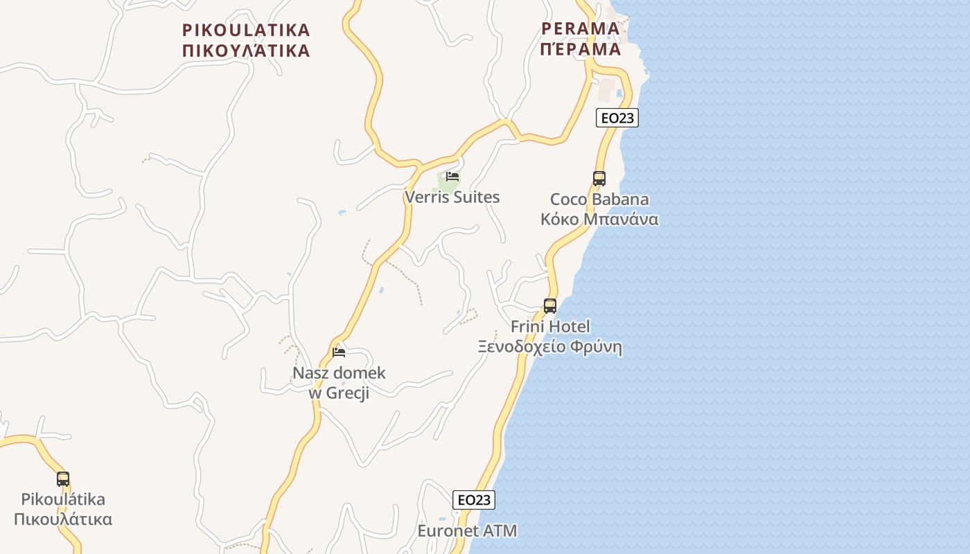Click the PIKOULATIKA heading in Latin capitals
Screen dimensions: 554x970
[246, 30]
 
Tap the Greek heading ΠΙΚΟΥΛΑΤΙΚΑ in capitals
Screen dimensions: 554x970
[246, 51]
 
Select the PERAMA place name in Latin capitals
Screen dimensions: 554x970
[581, 28]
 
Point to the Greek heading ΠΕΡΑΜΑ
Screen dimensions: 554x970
[581, 49]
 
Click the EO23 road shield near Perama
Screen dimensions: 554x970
[617, 118]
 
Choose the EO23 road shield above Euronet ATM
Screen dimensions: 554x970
[474, 500]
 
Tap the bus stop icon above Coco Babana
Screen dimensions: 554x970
[599, 178]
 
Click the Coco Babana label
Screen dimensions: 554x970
[599, 199]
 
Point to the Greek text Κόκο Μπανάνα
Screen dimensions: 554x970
[599, 220]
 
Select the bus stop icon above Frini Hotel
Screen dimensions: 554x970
[550, 305]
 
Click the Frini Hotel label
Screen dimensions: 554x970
[550, 326]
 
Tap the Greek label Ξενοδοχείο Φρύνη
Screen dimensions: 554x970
[550, 347]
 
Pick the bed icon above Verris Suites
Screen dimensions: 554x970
[452, 177]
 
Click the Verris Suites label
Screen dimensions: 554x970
[452, 197]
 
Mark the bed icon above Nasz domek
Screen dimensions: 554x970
[339, 352]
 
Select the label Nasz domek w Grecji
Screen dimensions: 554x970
[339, 383]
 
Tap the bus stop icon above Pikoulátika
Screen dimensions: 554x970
[63, 479]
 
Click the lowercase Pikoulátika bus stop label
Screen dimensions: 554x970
[63, 499]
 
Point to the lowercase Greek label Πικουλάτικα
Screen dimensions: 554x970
[63, 519]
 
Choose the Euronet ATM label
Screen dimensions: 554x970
[467, 531]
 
